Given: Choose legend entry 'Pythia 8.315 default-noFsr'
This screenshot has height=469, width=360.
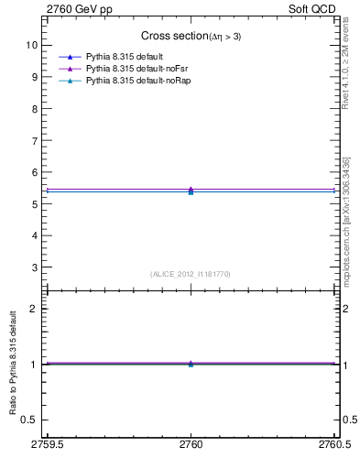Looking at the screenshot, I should [136, 69].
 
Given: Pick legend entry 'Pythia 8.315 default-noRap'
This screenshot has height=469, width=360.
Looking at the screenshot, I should [137, 82].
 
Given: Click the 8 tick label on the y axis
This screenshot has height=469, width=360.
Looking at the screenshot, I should [36, 108].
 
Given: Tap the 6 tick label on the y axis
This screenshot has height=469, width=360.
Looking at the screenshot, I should [36, 172].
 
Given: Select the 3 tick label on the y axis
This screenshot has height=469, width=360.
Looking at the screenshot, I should [36, 267].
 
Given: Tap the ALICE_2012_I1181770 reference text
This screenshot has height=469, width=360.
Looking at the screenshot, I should [191, 274].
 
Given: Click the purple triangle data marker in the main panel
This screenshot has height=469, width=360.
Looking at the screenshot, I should [191, 190].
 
